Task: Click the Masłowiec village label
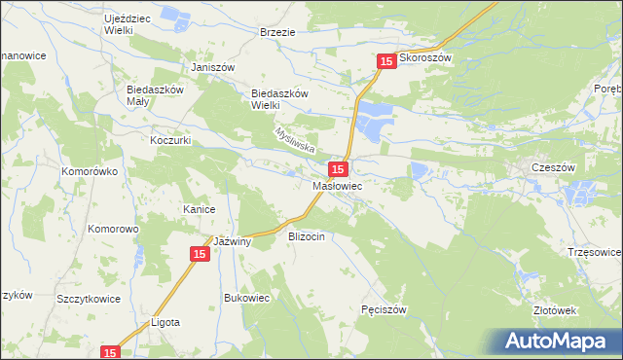(x=338, y=185)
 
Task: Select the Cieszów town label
(x=548, y=167)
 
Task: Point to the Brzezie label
(x=277, y=32)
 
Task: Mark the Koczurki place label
(x=169, y=140)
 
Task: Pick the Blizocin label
(x=312, y=236)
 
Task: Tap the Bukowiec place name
(x=246, y=298)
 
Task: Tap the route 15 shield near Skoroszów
(x=386, y=61)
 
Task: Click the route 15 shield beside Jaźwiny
(x=199, y=254)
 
